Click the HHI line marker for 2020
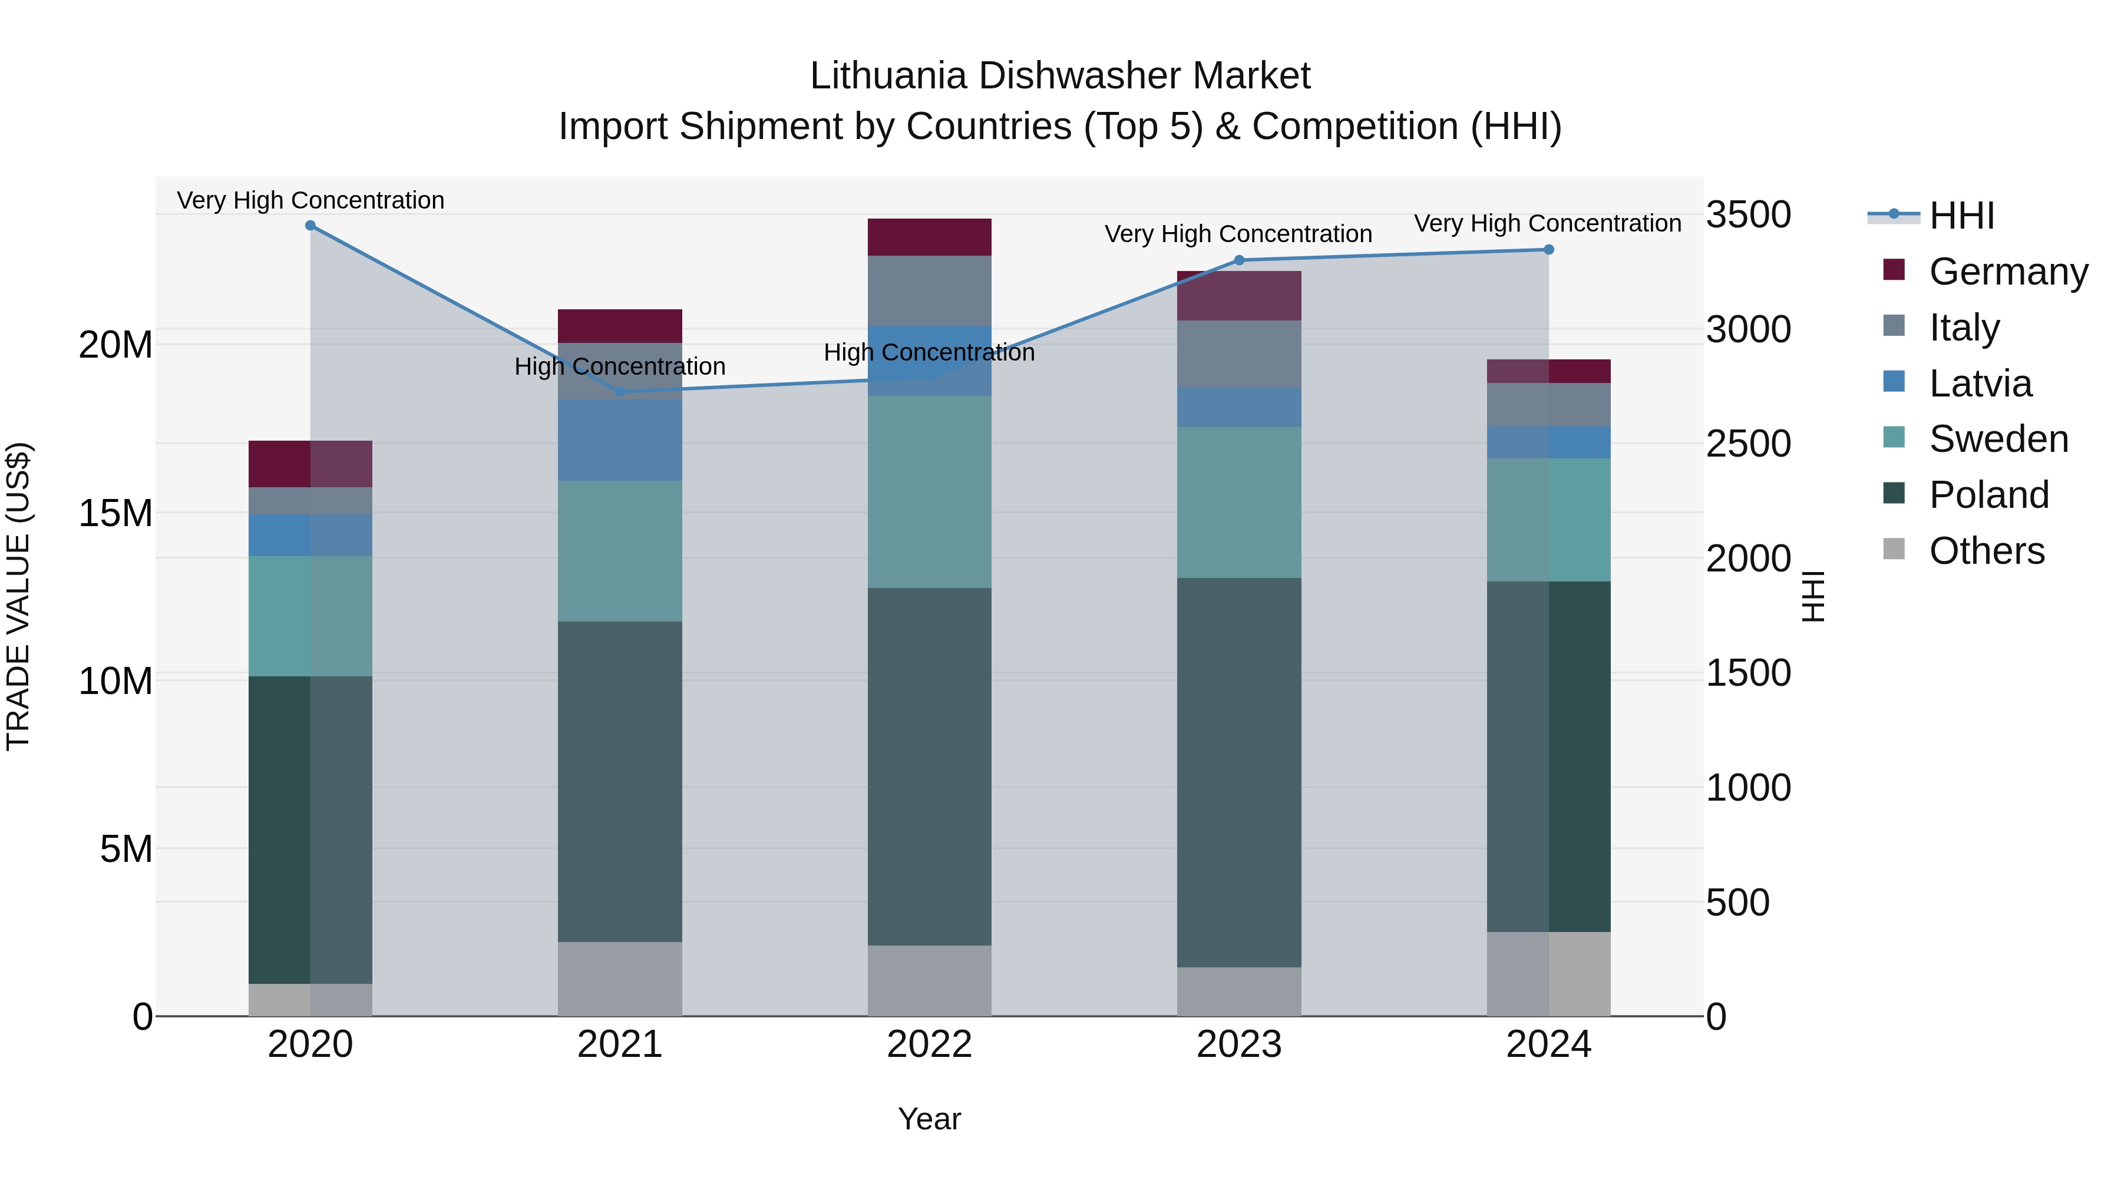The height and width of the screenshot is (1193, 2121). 310,226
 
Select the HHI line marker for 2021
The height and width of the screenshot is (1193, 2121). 620,392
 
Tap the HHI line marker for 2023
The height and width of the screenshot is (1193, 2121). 1239,260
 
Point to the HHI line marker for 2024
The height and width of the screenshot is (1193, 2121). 1549,249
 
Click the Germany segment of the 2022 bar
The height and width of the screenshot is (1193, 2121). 930,237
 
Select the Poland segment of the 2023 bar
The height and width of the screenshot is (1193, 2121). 1239,772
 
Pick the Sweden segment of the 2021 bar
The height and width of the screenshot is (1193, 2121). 620,551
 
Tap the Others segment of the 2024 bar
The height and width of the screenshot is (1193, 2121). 1549,974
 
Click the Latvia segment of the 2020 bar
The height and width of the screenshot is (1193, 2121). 310,535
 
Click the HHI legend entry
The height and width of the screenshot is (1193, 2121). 1961,216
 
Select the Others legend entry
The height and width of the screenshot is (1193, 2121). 1986,551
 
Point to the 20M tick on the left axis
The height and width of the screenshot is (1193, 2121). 115,345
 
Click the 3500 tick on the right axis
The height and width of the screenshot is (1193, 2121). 1748,215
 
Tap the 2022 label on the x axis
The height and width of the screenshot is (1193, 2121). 930,1045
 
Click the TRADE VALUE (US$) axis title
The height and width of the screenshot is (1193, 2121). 18,596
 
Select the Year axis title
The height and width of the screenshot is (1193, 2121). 930,1119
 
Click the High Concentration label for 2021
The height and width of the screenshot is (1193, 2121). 620,366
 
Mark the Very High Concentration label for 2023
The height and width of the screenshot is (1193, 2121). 1238,234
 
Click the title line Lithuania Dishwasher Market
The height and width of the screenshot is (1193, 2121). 1060,76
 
